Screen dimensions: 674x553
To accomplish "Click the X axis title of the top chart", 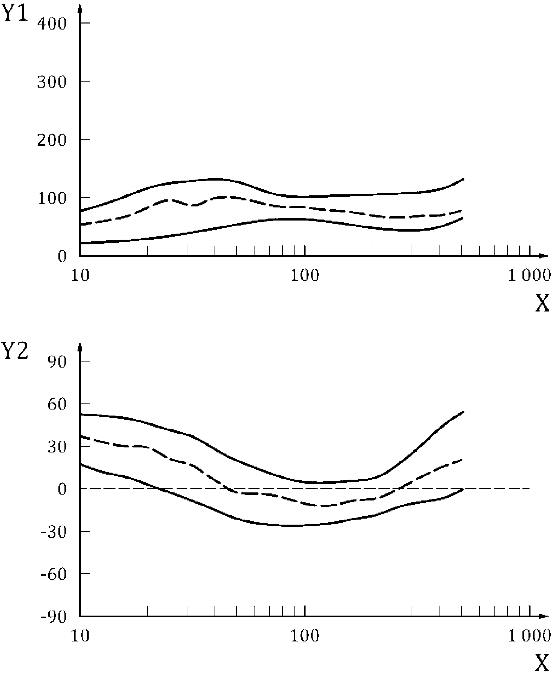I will pyautogui.click(x=542, y=304).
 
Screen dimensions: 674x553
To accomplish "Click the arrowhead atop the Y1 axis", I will pyautogui.click(x=80, y=9).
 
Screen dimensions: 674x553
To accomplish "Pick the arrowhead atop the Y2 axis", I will pyautogui.click(x=80, y=346).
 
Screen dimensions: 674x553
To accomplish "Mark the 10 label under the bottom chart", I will pyautogui.click(x=80, y=636).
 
